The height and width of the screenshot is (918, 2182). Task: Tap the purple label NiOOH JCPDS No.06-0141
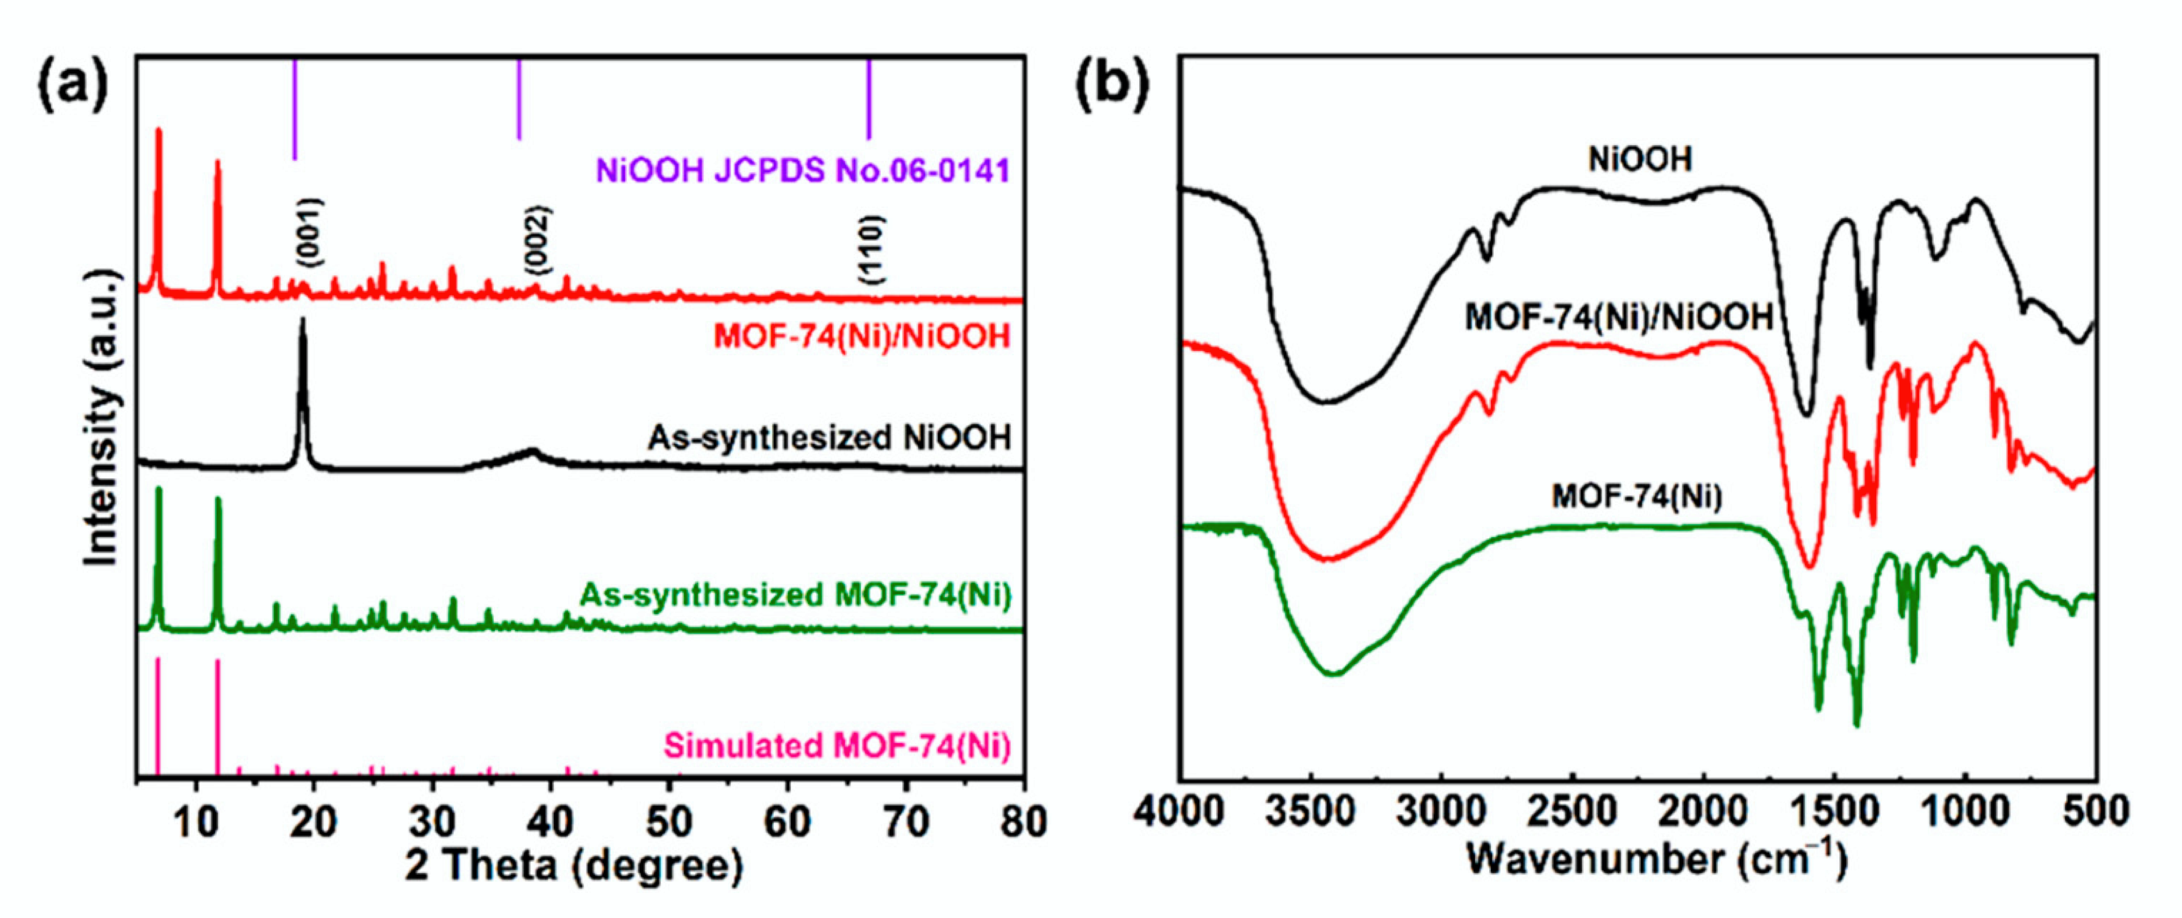[x=803, y=171]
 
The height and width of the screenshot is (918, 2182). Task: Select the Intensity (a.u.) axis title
[x=102, y=417]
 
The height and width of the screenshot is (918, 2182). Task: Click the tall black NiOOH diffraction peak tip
[x=302, y=322]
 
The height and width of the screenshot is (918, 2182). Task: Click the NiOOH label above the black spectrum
[x=1640, y=159]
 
